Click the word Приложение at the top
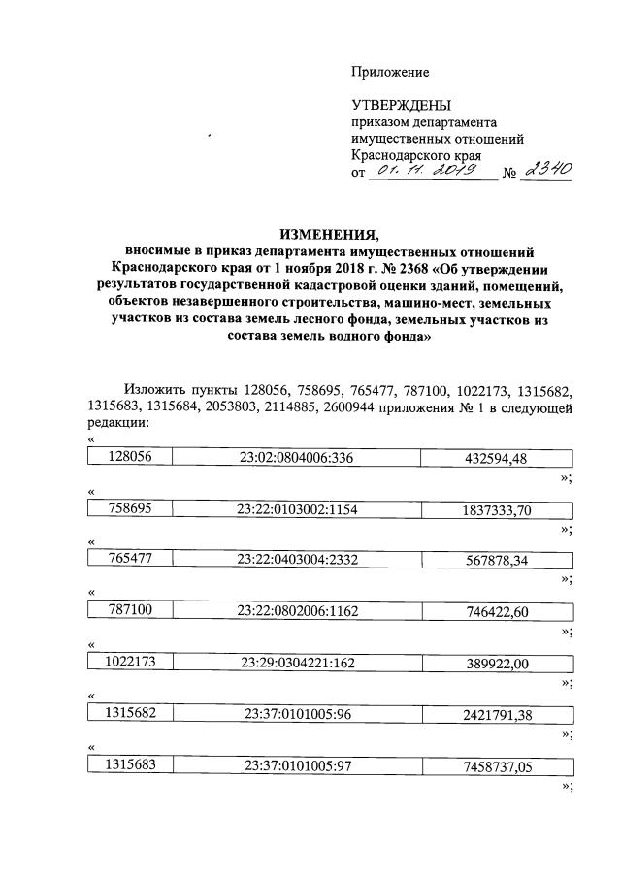click(x=389, y=72)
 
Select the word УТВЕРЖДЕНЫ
click(x=402, y=105)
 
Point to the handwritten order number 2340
click(x=546, y=170)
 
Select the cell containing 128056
click(x=129, y=457)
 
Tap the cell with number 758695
click(x=129, y=509)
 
